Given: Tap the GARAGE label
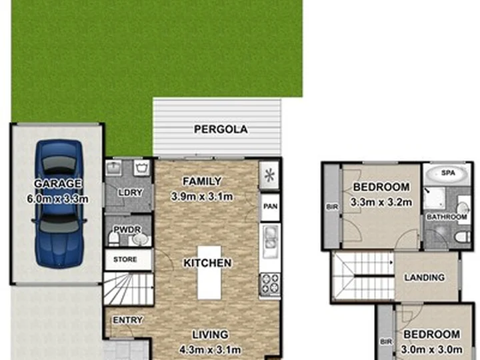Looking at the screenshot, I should [59, 184].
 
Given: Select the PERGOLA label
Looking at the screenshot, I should [220, 129].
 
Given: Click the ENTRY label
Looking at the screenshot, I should [127, 320].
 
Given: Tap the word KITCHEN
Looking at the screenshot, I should [207, 263].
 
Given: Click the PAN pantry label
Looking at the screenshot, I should [270, 207].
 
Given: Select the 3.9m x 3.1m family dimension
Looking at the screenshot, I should [201, 196].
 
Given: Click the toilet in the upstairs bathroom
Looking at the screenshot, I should [459, 237].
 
